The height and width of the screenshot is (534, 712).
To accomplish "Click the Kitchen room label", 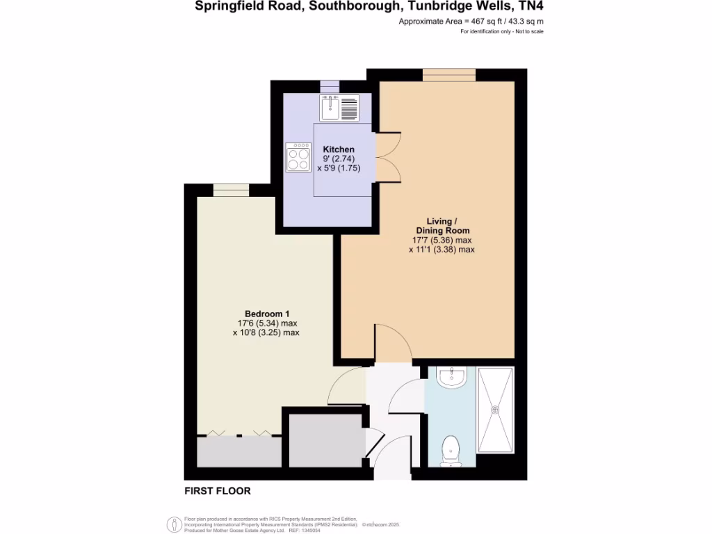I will point(339,149).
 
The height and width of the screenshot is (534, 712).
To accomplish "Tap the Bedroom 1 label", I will point(266,313).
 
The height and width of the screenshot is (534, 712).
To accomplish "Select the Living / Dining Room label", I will point(442,226).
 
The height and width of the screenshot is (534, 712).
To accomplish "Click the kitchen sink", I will point(330,108).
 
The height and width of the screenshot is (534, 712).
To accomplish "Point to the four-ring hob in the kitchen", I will point(298,156).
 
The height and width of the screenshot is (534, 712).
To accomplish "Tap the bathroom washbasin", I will point(451,378).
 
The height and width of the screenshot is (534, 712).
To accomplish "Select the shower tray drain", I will point(496,410).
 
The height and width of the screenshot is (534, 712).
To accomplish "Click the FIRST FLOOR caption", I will point(217,491).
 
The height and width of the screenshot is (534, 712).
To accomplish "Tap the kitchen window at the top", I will point(330,85).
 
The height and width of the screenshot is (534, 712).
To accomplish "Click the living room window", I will point(449,74).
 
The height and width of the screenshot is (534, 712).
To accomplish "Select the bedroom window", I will point(224,190).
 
